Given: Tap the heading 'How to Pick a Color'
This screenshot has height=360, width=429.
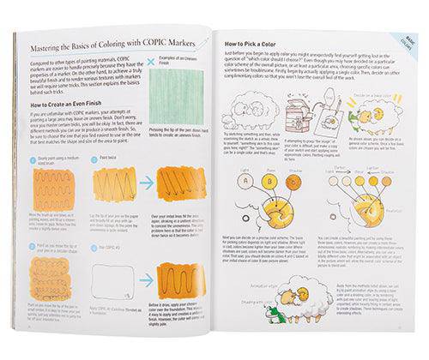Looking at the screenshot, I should coord(255,43).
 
